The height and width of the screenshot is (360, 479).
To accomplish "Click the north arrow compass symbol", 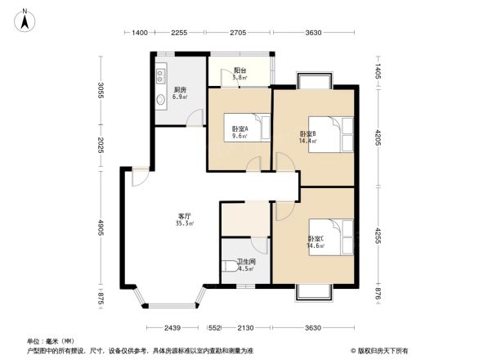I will pyautogui.click(x=25, y=19).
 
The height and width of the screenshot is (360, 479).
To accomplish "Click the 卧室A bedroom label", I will pyautogui.click(x=240, y=132).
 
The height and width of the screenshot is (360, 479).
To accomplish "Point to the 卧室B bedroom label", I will pyautogui.click(x=308, y=137).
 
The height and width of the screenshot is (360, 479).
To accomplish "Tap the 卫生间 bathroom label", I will pyautogui.click(x=245, y=264).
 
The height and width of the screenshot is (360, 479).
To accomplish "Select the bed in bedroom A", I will pyautogui.click(x=257, y=128).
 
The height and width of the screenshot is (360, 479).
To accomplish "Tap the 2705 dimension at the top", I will pyautogui.click(x=238, y=33).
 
